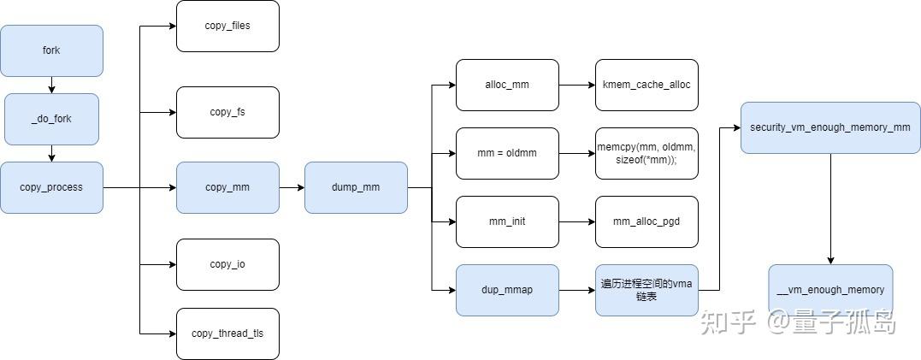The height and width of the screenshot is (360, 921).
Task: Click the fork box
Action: (51, 50)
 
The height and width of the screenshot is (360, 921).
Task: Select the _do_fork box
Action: (51, 119)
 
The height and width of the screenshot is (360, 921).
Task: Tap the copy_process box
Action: (51, 187)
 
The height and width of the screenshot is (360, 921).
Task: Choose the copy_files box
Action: (227, 26)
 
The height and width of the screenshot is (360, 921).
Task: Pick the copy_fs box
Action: (227, 112)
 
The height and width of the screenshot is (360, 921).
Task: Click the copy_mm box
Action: (227, 187)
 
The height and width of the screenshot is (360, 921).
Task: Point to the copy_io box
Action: (227, 264)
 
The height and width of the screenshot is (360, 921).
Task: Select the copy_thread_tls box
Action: (227, 333)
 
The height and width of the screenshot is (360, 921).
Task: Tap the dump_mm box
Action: (356, 187)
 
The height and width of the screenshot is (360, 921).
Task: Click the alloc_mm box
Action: (507, 85)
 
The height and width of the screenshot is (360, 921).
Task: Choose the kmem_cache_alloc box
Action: (646, 85)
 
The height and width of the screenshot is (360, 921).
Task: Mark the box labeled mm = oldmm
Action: (507, 153)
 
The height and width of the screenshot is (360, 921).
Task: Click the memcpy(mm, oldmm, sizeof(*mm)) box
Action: (646, 153)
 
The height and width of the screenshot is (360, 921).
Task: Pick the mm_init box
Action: (507, 221)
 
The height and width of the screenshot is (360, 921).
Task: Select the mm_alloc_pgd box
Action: (646, 221)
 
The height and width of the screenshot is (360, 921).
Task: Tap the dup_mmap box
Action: (507, 290)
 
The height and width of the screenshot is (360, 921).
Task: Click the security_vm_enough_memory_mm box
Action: (829, 127)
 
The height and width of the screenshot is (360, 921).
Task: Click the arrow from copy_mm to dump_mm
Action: (292, 187)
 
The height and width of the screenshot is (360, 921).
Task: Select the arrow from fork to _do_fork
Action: (51, 85)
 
